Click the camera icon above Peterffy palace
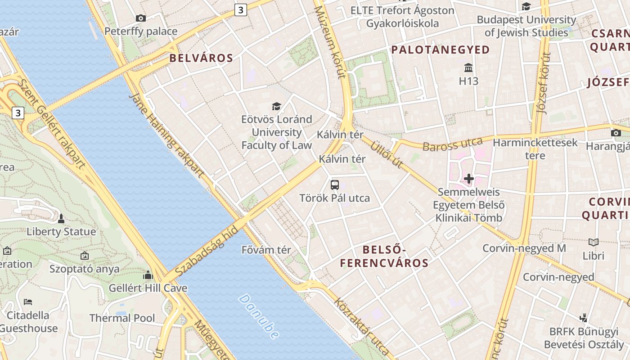click(x=141, y=18)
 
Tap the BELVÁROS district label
click(x=201, y=58)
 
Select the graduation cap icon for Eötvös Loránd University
click(x=276, y=106)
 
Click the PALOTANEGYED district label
click(x=441, y=50)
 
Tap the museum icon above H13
click(x=468, y=68)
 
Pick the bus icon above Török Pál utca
click(x=335, y=184)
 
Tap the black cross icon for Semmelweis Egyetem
click(x=469, y=179)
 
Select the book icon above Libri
click(x=594, y=243)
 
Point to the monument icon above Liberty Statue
click(x=61, y=219)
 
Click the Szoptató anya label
click(x=85, y=269)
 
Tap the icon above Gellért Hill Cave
click(x=148, y=275)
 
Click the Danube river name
click(x=259, y=316)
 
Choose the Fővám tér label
click(x=266, y=250)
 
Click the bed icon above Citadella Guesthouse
click(x=28, y=301)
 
